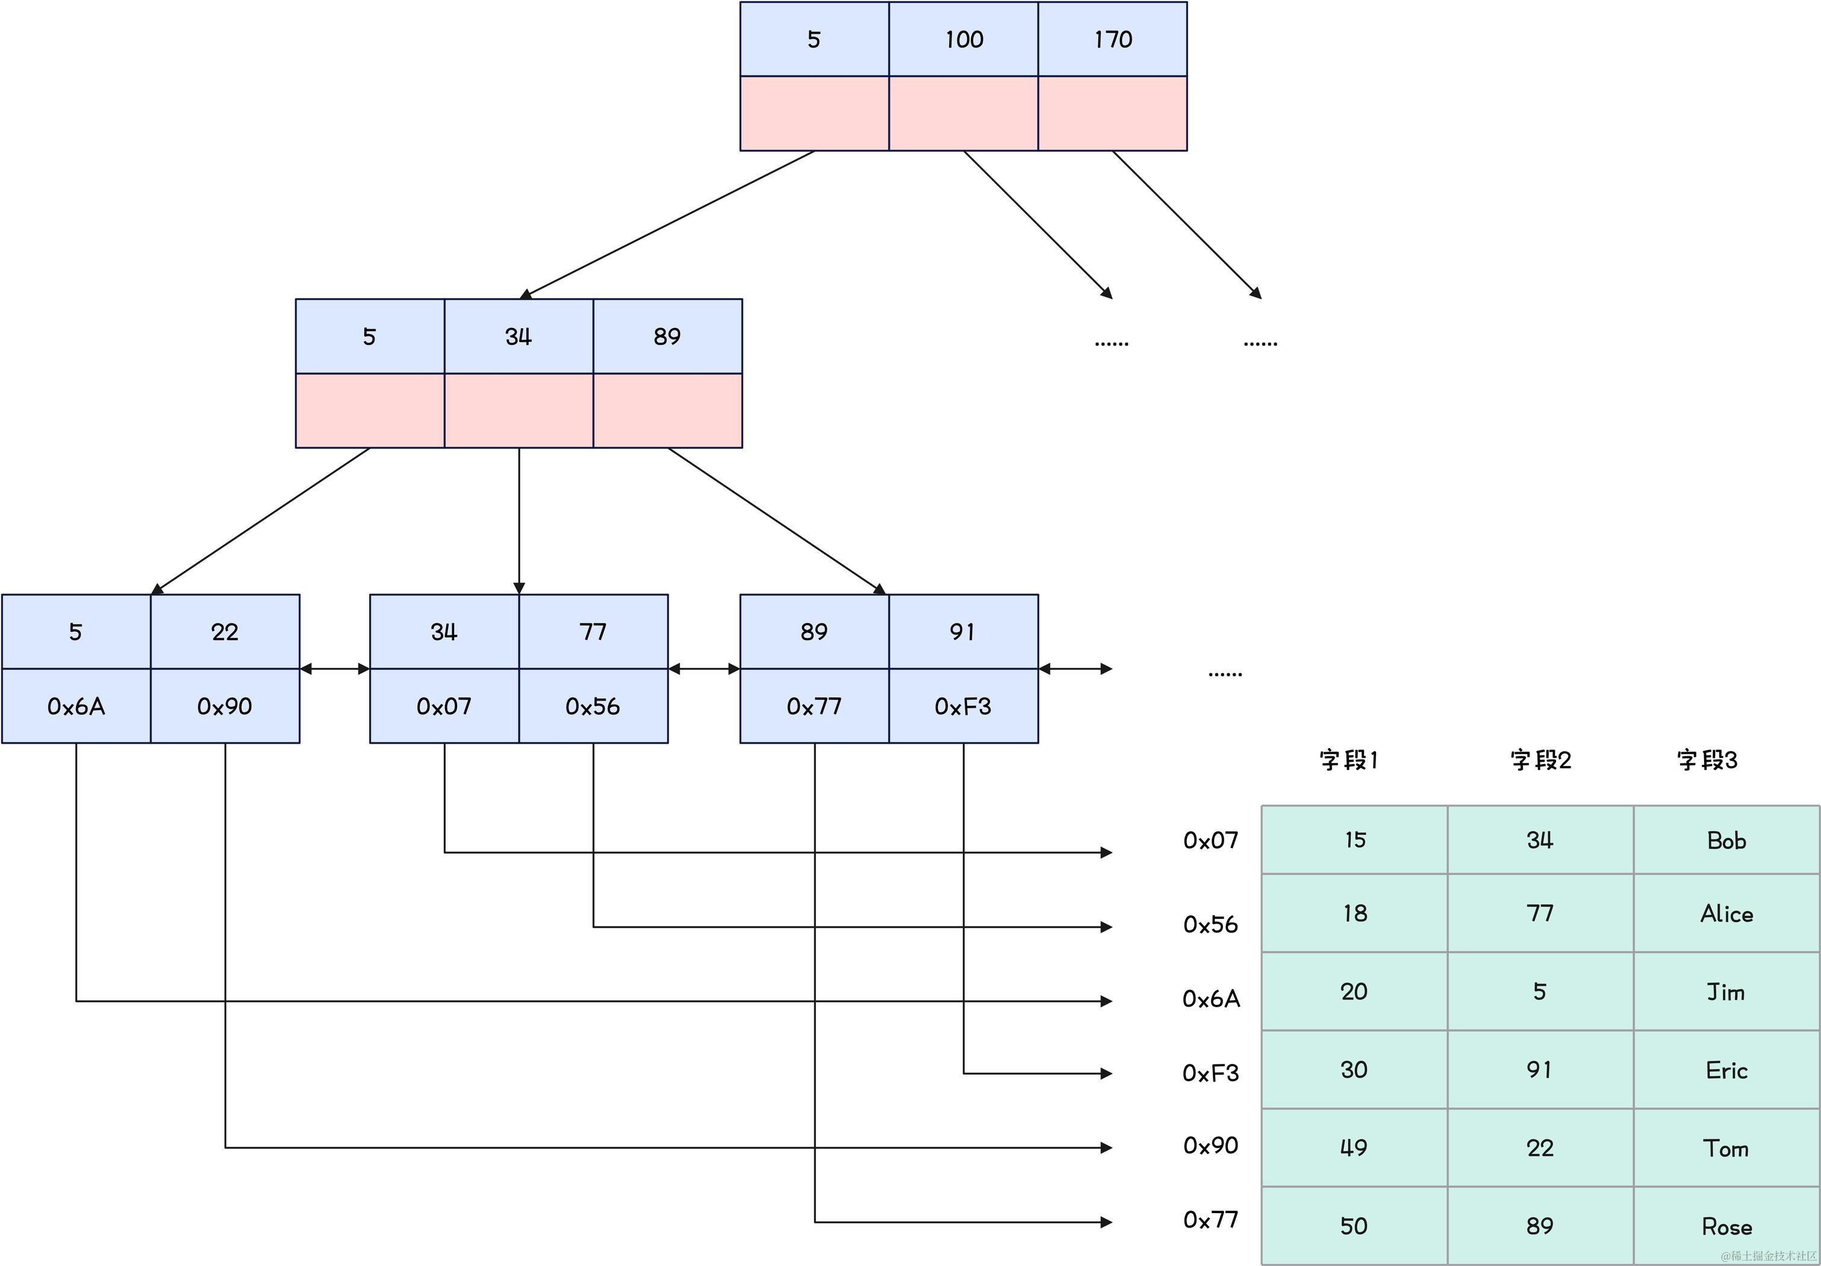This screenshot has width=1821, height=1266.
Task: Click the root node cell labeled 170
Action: [x=1112, y=39]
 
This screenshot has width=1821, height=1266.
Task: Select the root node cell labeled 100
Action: [x=963, y=39]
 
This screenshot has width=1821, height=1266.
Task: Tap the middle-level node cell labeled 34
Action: [x=518, y=336]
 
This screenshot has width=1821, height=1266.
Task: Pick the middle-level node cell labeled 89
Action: [x=667, y=336]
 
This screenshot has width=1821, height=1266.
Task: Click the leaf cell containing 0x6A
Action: [x=76, y=706]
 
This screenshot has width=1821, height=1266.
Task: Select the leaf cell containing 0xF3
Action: [x=963, y=706]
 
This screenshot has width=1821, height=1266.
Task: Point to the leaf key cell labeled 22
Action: [x=225, y=632]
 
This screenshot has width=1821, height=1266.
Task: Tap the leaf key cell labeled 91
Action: [x=963, y=632]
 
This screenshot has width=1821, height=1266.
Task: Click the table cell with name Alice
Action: [x=1726, y=914]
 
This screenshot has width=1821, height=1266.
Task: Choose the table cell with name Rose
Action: [x=1726, y=1226]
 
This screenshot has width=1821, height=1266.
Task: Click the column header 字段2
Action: [x=1540, y=759]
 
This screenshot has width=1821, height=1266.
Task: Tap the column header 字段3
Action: [x=1707, y=759]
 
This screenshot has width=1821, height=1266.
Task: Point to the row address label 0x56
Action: [x=1210, y=924]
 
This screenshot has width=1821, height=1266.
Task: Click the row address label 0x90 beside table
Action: [x=1210, y=1146]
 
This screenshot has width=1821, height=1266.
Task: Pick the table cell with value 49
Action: [x=1354, y=1147]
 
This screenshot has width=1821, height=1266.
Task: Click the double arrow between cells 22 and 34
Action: [x=335, y=669]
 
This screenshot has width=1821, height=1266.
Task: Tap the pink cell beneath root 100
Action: [x=963, y=113]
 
